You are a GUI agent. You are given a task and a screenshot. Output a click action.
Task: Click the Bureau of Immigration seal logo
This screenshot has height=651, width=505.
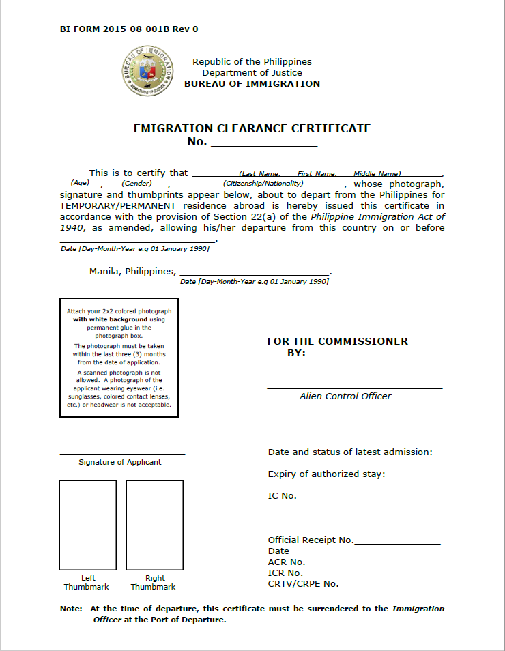point(148,72)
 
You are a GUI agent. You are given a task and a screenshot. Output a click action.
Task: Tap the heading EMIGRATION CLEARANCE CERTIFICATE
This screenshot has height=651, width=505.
point(252,128)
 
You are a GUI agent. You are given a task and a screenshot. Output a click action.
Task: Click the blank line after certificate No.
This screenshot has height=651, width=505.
point(264,143)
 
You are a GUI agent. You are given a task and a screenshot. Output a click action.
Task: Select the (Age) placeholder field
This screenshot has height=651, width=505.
point(81,183)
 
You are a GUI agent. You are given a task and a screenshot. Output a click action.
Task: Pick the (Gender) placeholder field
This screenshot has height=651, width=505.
point(136,183)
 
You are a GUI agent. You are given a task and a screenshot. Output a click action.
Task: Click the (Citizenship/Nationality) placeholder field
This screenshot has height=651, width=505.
point(263,183)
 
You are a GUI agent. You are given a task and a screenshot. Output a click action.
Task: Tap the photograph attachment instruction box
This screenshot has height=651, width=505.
point(119,357)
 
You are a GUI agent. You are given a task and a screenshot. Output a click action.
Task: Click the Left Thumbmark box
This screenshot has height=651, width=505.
point(87,525)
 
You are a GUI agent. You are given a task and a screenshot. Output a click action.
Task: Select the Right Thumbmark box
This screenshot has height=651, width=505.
point(154,525)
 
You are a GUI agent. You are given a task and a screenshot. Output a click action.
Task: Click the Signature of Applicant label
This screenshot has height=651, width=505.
point(120,462)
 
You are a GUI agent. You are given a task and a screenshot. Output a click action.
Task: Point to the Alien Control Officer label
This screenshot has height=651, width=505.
point(345,396)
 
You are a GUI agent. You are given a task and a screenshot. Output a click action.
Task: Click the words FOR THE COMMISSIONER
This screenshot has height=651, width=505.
point(337,341)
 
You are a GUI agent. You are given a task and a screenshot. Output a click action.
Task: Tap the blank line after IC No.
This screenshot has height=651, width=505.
point(371,498)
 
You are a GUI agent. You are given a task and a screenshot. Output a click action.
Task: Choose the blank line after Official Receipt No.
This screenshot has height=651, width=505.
point(397,542)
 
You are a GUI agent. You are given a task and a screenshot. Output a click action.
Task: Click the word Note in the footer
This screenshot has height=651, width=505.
point(71,609)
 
